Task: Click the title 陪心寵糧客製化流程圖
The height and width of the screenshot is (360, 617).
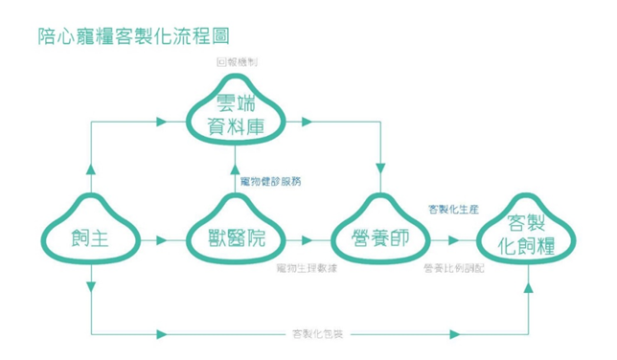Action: click(133, 36)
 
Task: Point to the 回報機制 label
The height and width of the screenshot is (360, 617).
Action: click(236, 61)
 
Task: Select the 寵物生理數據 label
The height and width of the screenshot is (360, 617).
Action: click(306, 268)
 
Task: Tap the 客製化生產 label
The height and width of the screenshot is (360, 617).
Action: click(453, 210)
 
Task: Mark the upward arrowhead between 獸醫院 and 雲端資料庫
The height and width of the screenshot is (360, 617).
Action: click(235, 170)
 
